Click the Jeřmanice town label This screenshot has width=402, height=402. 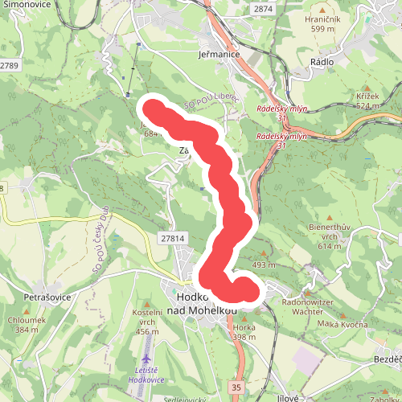219,55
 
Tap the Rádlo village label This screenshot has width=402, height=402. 322,61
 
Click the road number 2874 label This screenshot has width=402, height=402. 262,9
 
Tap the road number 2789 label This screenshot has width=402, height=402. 9,64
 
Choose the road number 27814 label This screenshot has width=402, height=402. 172,239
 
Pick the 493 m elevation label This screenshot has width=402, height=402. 263,265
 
